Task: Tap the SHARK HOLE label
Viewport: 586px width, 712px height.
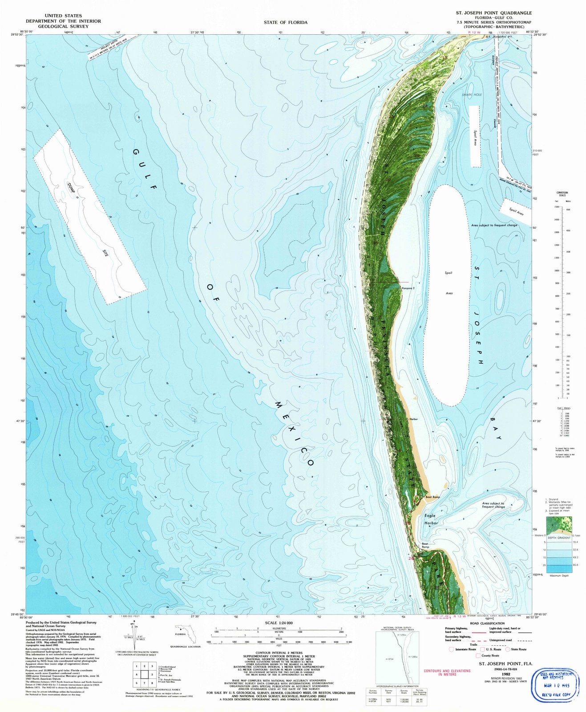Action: tap(472, 95)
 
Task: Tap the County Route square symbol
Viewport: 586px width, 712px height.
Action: tap(478, 655)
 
